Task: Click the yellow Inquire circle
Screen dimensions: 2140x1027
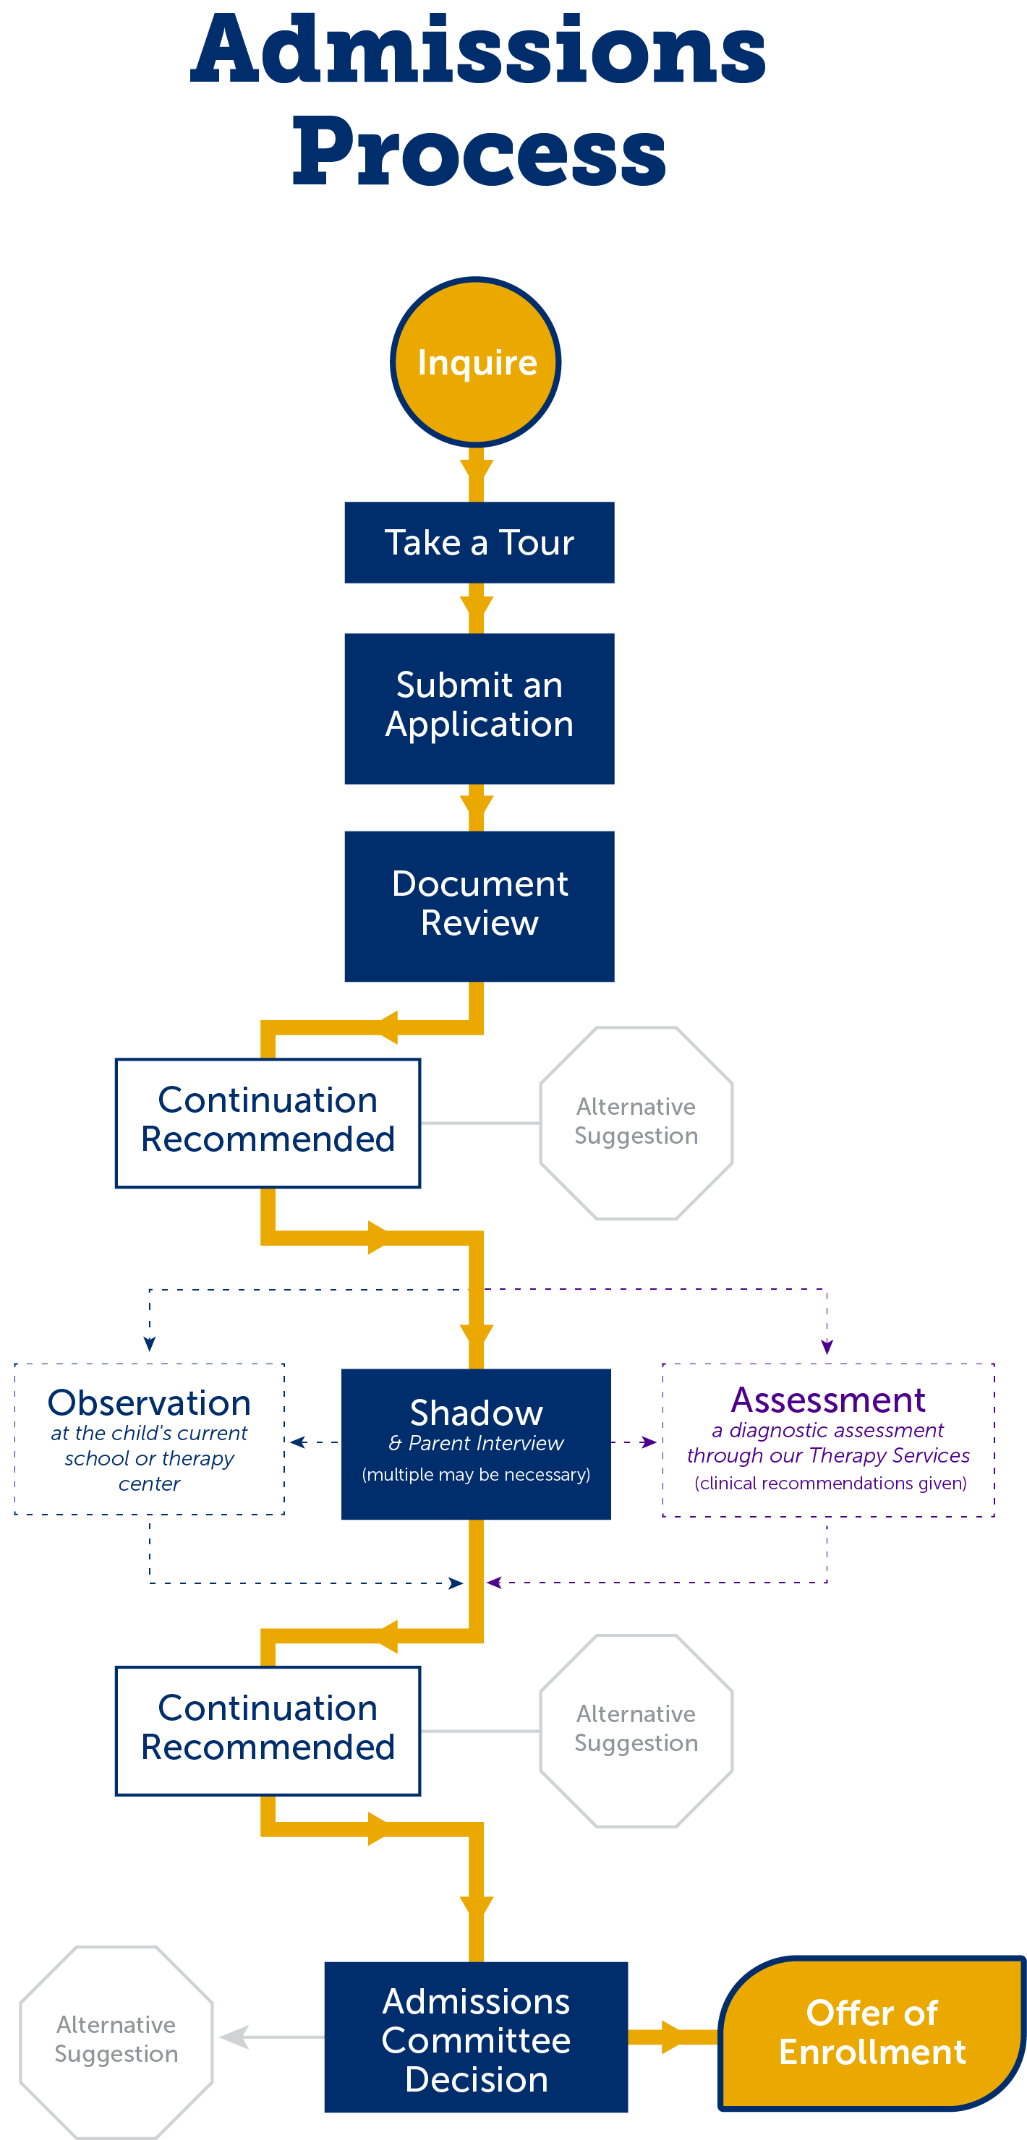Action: point(475,362)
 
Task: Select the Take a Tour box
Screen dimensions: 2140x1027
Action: point(479,542)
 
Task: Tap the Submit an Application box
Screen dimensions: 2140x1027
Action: point(479,708)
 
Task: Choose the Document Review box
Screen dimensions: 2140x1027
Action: point(479,905)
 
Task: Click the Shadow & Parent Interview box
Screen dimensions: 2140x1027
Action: point(475,1444)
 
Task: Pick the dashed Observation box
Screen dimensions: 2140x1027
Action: point(150,1439)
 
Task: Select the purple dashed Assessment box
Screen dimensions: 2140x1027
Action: point(827,1439)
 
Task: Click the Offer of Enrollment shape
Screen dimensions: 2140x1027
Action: point(872,2032)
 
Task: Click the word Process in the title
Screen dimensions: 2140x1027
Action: point(478,151)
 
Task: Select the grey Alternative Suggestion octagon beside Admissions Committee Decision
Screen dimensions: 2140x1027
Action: point(116,2040)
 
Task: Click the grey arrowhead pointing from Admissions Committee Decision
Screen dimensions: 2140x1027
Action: point(234,2036)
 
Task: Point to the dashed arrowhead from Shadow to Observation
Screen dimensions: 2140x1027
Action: point(297,1442)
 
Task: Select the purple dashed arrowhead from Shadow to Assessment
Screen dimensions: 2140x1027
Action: point(649,1442)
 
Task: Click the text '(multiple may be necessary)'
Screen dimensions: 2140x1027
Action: point(475,1475)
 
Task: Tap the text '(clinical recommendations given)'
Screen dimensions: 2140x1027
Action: point(830,1484)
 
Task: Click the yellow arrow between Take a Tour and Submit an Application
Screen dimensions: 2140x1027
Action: point(476,608)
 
